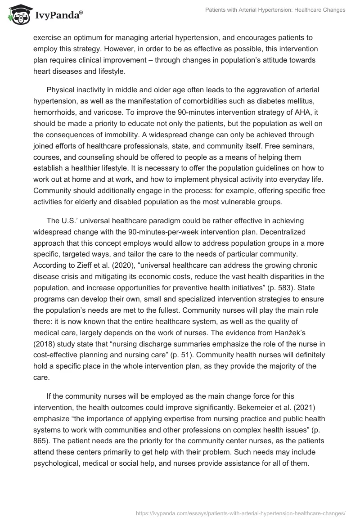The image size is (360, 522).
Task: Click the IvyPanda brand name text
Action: [57, 15]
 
